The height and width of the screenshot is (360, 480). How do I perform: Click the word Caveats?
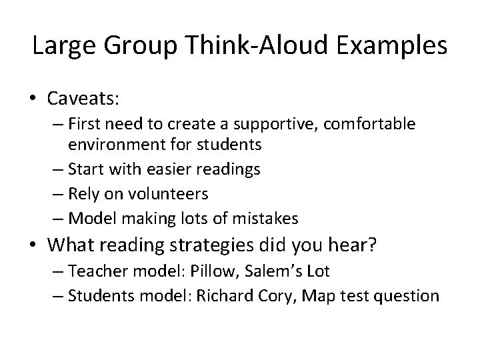click(x=83, y=98)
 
